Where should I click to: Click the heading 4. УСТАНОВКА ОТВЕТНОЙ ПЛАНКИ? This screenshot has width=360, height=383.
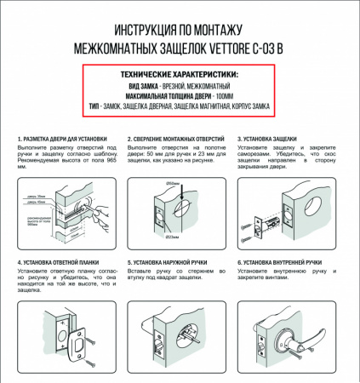[x=63, y=263]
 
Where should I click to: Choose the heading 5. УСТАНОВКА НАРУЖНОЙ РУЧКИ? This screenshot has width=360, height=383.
[x=177, y=263]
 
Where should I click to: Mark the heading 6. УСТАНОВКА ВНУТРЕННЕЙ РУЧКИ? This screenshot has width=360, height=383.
[x=291, y=263]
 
